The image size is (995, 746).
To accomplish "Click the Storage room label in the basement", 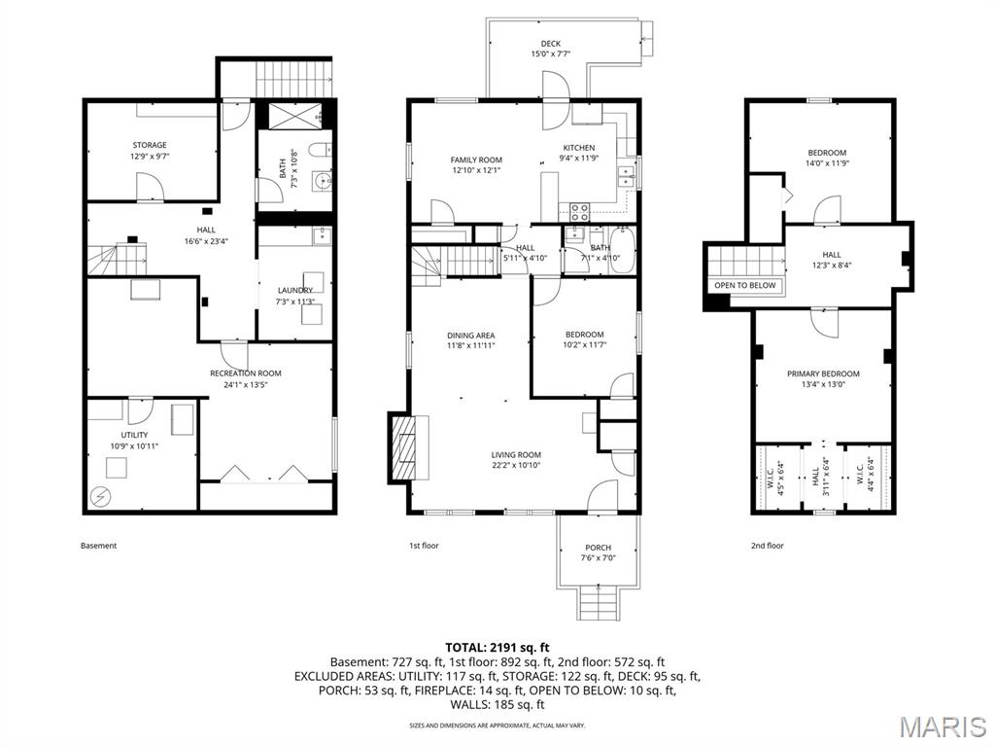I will pyautogui.click(x=150, y=145).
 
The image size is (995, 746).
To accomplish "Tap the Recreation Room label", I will pyautogui.click(x=246, y=373).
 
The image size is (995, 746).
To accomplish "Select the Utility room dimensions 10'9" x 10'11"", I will pyautogui.click(x=135, y=446).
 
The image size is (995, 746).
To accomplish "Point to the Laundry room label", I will pyautogui.click(x=294, y=290).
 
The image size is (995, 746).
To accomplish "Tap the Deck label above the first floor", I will pyautogui.click(x=551, y=44).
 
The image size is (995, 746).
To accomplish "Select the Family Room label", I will pyautogui.click(x=476, y=160).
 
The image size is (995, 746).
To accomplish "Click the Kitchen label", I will pyautogui.click(x=578, y=148).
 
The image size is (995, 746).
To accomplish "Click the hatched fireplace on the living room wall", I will pyautogui.click(x=401, y=447).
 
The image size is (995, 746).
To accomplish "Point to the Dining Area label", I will pyautogui.click(x=471, y=336).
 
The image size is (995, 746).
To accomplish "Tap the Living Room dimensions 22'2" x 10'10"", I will pyautogui.click(x=516, y=466).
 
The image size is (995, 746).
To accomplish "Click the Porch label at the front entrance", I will pyautogui.click(x=598, y=548).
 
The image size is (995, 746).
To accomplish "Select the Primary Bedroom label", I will pyautogui.click(x=823, y=373).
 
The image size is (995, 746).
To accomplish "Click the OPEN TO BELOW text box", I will pyautogui.click(x=745, y=285).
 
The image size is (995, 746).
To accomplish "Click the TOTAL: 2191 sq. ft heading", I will pyautogui.click(x=497, y=647).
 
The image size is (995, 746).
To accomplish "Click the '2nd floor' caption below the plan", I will pyautogui.click(x=767, y=546).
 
